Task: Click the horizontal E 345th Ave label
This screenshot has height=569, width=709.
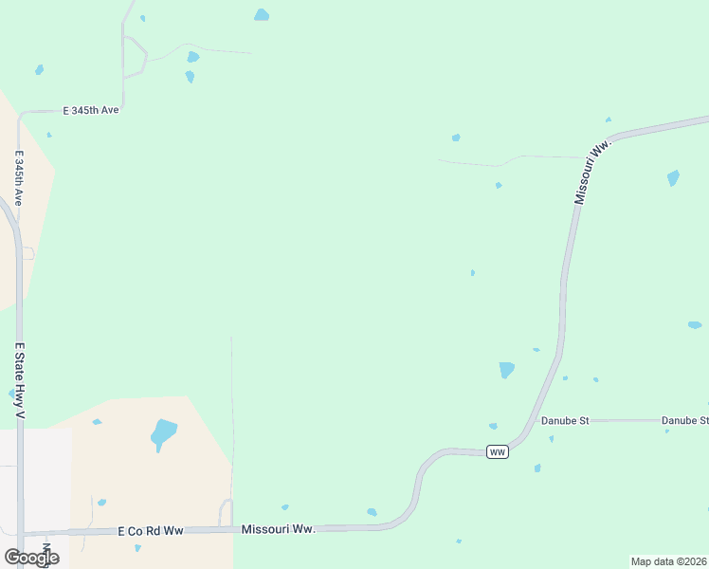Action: (91, 111)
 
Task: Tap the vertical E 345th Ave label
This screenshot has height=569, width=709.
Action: (18, 177)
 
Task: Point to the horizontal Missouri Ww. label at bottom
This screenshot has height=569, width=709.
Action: (278, 529)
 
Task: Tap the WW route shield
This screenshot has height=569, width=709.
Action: (498, 452)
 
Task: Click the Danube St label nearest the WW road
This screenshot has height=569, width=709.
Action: (565, 420)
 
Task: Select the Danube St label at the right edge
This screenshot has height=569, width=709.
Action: (684, 420)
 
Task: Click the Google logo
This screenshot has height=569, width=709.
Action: (31, 557)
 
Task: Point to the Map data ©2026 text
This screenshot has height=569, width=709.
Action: (668, 561)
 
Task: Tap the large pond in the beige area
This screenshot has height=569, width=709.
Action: (163, 434)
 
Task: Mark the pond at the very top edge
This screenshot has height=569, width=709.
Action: (262, 15)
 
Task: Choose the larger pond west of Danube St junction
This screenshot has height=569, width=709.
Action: (507, 369)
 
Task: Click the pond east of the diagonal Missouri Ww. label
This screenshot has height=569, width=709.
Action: (673, 177)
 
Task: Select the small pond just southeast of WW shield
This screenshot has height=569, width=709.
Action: (537, 468)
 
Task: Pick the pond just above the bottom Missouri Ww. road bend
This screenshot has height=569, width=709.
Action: (372, 512)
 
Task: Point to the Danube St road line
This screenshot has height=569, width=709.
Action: (626, 420)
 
